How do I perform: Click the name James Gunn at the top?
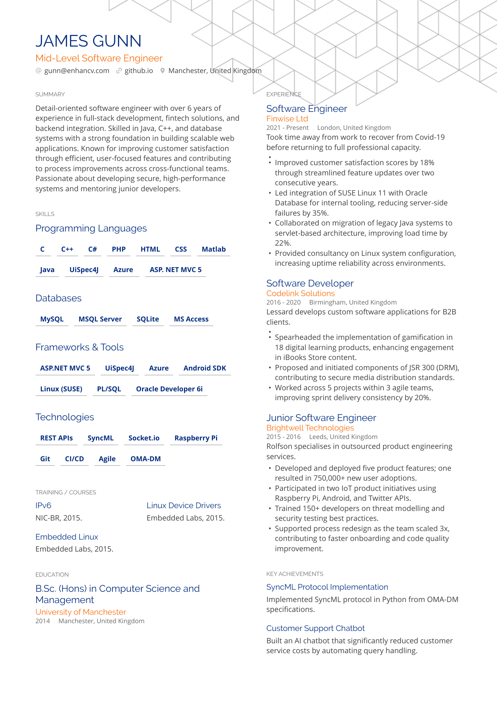(x=88, y=41)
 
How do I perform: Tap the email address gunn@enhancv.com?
(x=76, y=71)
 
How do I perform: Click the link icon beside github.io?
(x=119, y=71)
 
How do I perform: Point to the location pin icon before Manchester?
(x=162, y=71)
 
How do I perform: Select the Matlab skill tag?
(x=214, y=249)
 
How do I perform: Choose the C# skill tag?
(x=92, y=249)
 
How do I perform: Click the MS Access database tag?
(x=191, y=319)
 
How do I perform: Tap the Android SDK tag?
(x=204, y=368)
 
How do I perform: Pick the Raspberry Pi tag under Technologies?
(x=196, y=438)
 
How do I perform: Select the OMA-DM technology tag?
(x=146, y=459)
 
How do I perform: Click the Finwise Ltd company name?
(x=287, y=119)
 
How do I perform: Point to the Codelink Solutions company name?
(x=300, y=293)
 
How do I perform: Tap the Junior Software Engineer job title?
(x=321, y=418)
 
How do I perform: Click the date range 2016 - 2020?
(x=283, y=302)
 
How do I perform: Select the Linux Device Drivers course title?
(x=184, y=505)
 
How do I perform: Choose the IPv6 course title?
(x=43, y=505)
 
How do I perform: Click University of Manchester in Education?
(x=81, y=612)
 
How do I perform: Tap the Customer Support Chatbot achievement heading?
(x=315, y=628)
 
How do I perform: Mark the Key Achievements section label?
(x=295, y=574)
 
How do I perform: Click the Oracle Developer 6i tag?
(x=169, y=389)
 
